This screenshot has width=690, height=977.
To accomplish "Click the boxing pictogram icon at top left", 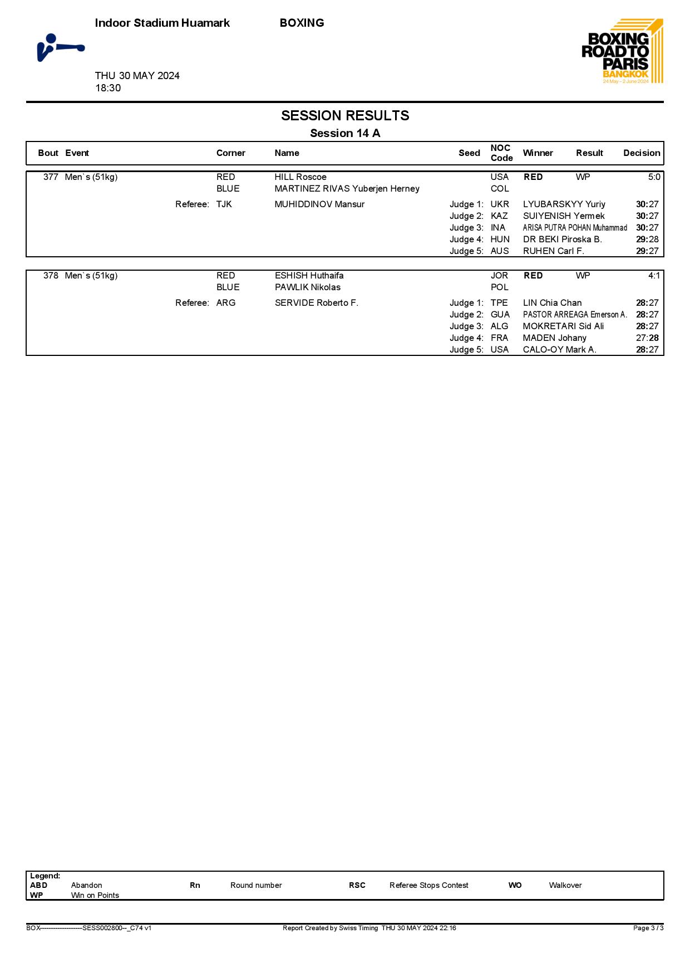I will (60, 48).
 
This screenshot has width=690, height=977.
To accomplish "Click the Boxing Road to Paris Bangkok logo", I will (622, 51).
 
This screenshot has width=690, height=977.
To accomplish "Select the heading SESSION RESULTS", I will (345, 116).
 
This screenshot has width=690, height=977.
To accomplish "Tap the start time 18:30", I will (108, 88).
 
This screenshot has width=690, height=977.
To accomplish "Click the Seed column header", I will (469, 153).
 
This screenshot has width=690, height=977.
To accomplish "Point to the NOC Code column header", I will (501, 153).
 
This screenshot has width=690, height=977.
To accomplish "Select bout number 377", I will (51, 177).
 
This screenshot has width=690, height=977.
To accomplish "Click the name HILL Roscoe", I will (300, 177).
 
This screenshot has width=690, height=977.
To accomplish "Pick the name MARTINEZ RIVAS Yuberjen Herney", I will (347, 189).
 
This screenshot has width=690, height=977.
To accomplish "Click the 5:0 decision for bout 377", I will (654, 177).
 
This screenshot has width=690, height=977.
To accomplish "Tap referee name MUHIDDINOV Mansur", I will (319, 204).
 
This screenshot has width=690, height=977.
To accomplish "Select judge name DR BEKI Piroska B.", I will (562, 240).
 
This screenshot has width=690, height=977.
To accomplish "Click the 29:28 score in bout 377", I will (647, 240).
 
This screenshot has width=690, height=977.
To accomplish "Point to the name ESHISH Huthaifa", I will (309, 276).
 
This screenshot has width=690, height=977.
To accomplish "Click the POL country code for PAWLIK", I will (499, 287).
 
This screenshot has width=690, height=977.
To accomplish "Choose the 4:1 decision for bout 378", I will (654, 276).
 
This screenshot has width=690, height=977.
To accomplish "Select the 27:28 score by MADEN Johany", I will (647, 338).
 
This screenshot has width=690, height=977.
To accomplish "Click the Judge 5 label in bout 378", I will (466, 350).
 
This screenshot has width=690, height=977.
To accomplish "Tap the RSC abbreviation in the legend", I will (357, 885).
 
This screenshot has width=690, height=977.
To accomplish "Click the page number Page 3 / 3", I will (648, 928).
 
